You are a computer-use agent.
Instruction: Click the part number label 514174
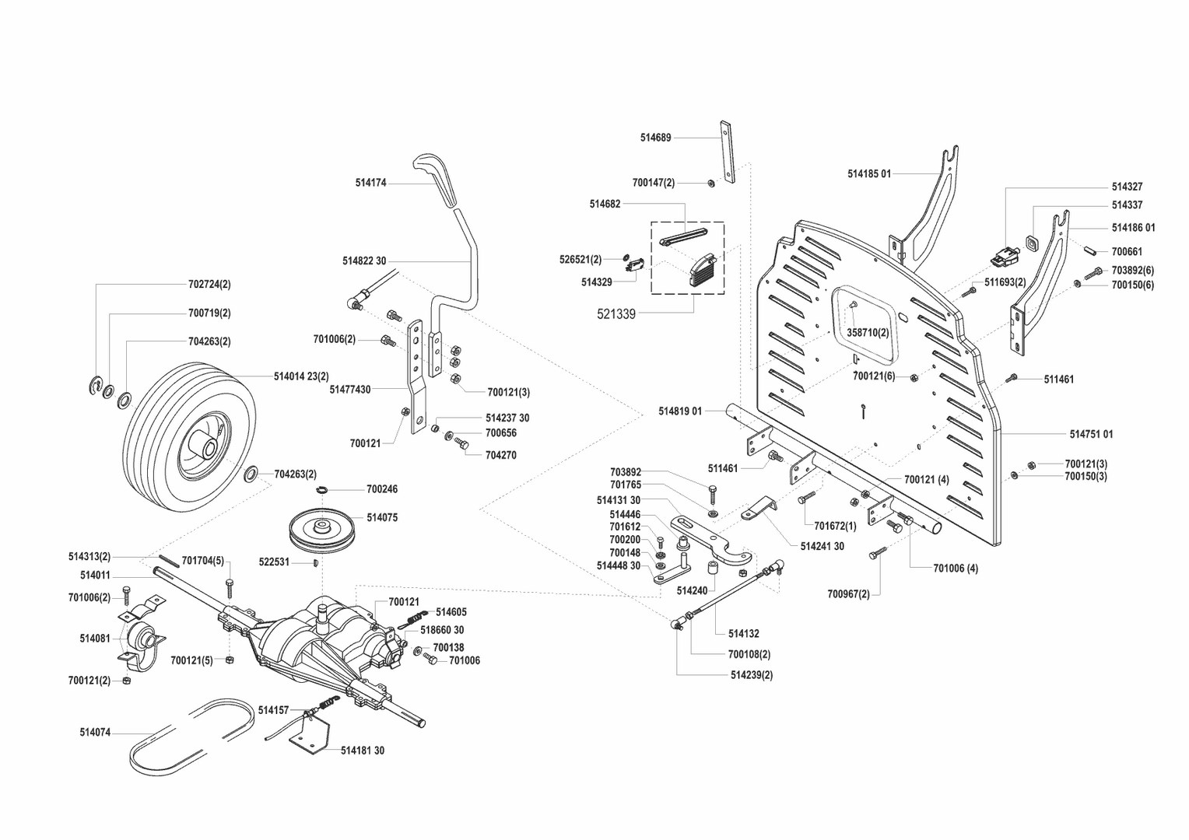tap(370, 184)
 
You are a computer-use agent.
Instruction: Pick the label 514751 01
tap(1091, 434)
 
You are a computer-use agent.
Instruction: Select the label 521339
tap(616, 314)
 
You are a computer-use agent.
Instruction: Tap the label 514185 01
tap(869, 174)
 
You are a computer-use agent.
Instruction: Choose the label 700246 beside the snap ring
tap(382, 490)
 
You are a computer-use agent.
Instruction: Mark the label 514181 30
tap(363, 751)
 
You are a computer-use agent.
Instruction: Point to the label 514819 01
tap(680, 411)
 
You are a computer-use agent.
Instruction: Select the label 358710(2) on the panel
tap(868, 332)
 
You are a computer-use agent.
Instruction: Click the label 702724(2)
tap(209, 285)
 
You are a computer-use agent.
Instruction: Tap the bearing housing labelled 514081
tap(141, 639)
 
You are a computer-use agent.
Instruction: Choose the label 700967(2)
tap(848, 594)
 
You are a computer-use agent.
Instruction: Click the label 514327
tap(1127, 187)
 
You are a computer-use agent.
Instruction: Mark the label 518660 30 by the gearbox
tap(442, 630)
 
